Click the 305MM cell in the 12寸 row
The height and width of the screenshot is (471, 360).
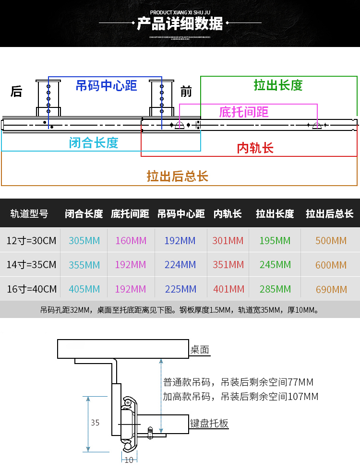(x=84, y=240)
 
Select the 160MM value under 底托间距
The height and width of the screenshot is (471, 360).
(x=131, y=240)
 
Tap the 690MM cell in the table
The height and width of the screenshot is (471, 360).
(x=331, y=290)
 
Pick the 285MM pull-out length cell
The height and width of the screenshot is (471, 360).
(x=275, y=289)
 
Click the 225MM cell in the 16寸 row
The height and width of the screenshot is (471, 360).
(x=180, y=289)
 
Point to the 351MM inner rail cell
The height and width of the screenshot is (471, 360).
(x=228, y=265)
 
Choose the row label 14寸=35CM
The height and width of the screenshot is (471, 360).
(x=32, y=265)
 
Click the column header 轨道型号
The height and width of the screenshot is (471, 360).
(x=30, y=214)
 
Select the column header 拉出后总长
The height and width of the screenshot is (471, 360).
(x=330, y=214)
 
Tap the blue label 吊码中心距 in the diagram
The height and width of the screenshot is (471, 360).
(x=106, y=86)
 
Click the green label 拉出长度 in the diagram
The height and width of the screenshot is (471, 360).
(x=278, y=85)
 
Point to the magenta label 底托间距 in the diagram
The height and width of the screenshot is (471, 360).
(x=244, y=112)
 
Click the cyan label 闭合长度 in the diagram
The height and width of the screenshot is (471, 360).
(x=94, y=142)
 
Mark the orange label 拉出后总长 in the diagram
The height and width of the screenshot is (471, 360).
(x=178, y=176)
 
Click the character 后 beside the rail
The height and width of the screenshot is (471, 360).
(x=17, y=91)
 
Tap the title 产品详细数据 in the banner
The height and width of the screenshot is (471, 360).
(x=180, y=24)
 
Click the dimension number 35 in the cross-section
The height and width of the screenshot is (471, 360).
(x=95, y=423)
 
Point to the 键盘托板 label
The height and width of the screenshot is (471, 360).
(x=209, y=424)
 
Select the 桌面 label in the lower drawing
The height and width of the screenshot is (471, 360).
(x=200, y=350)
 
